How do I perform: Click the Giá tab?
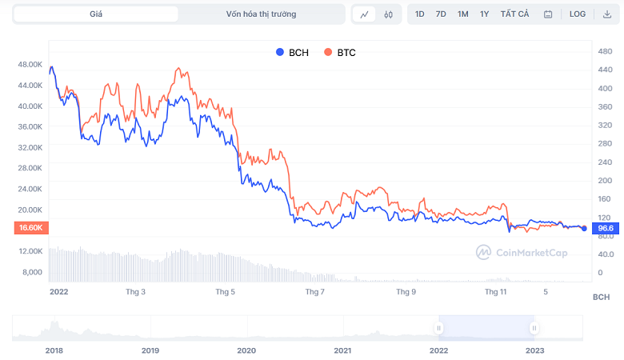[x=96, y=14]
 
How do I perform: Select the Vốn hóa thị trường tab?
[x=261, y=14]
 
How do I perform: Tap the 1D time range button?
[x=420, y=14]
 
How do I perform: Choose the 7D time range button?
[x=441, y=14]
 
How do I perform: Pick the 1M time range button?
[x=463, y=14]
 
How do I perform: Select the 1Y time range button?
[x=485, y=14]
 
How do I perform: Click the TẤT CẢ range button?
[x=514, y=14]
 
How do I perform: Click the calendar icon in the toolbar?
[x=548, y=14]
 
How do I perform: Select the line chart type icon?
[x=364, y=14]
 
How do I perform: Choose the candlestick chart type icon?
[x=388, y=14]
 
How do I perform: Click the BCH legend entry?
[x=292, y=52]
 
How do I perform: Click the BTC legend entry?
[x=340, y=52]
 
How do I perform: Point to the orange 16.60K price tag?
[x=30, y=228]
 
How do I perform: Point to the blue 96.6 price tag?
[x=606, y=228]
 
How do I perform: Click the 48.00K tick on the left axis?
[x=30, y=64]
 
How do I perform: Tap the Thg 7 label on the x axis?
[x=314, y=292]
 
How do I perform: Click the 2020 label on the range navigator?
[x=246, y=350]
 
